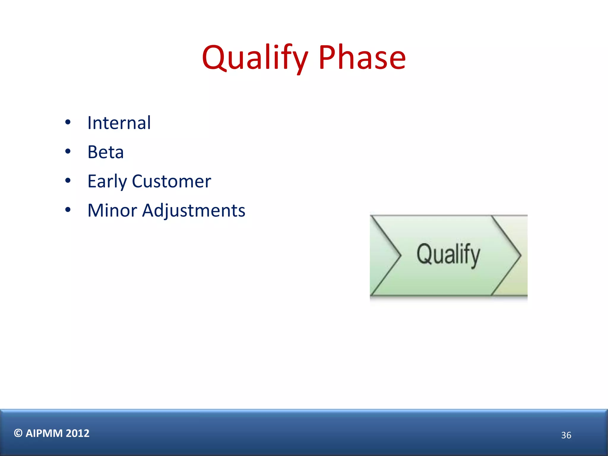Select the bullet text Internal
(119, 123)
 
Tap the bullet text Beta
(105, 152)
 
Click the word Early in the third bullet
(107, 181)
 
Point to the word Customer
(171, 181)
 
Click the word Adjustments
(194, 210)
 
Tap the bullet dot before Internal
(68, 122)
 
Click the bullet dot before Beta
(68, 151)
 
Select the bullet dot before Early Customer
(68, 180)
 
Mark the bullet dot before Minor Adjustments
(68, 210)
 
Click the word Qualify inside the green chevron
(448, 254)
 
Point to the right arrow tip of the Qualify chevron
(520, 255)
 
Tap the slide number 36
(566, 435)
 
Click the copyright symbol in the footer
(18, 433)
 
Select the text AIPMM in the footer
(44, 433)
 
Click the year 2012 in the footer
(77, 433)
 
